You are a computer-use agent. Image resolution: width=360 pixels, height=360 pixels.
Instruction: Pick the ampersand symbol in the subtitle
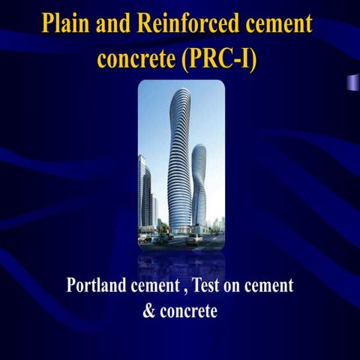[148, 310]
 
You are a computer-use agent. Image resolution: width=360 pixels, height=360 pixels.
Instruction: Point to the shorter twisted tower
[199, 187]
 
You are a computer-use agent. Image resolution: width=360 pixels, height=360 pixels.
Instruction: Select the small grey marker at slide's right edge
[350, 82]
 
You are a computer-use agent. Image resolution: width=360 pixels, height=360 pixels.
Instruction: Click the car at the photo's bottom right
[194, 238]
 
